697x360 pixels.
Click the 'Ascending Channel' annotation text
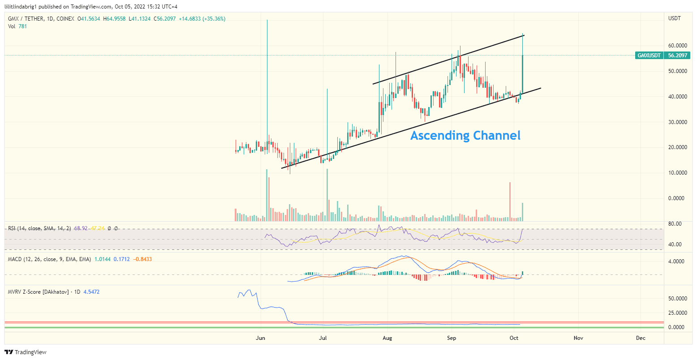pos(465,135)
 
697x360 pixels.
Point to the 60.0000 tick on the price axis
pos(678,46)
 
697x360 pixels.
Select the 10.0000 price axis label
pos(678,173)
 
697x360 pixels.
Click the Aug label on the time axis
pos(387,338)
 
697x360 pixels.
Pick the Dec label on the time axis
pos(641,338)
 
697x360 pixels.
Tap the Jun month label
pos(260,338)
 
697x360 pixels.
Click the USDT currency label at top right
pos(674,18)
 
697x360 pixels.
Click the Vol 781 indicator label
pos(18,26)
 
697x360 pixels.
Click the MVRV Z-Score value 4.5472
pos(91,292)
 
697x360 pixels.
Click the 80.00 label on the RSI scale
pos(675,224)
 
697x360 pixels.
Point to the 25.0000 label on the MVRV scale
pos(678,313)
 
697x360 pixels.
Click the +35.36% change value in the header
pos(214,19)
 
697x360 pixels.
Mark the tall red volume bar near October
pos(510,201)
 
